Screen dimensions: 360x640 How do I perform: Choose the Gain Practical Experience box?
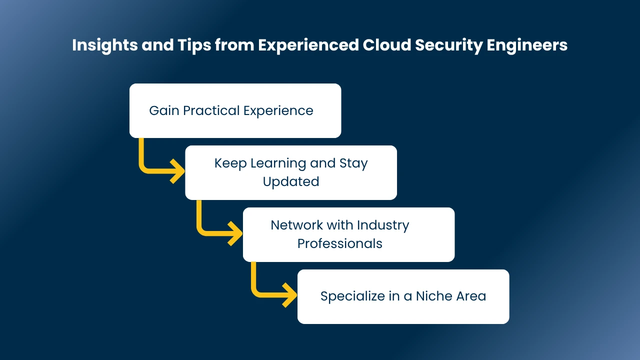click(235, 110)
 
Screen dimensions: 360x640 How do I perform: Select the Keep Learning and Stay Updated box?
click(291, 172)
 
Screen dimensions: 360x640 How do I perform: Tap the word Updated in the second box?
click(291, 181)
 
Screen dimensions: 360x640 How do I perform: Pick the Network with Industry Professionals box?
click(348, 234)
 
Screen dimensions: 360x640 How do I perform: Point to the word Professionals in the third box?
click(340, 243)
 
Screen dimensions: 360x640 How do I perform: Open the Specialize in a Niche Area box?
click(403, 296)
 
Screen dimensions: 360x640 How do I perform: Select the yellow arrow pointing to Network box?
click(217, 228)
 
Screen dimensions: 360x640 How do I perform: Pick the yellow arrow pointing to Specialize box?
click(272, 290)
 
